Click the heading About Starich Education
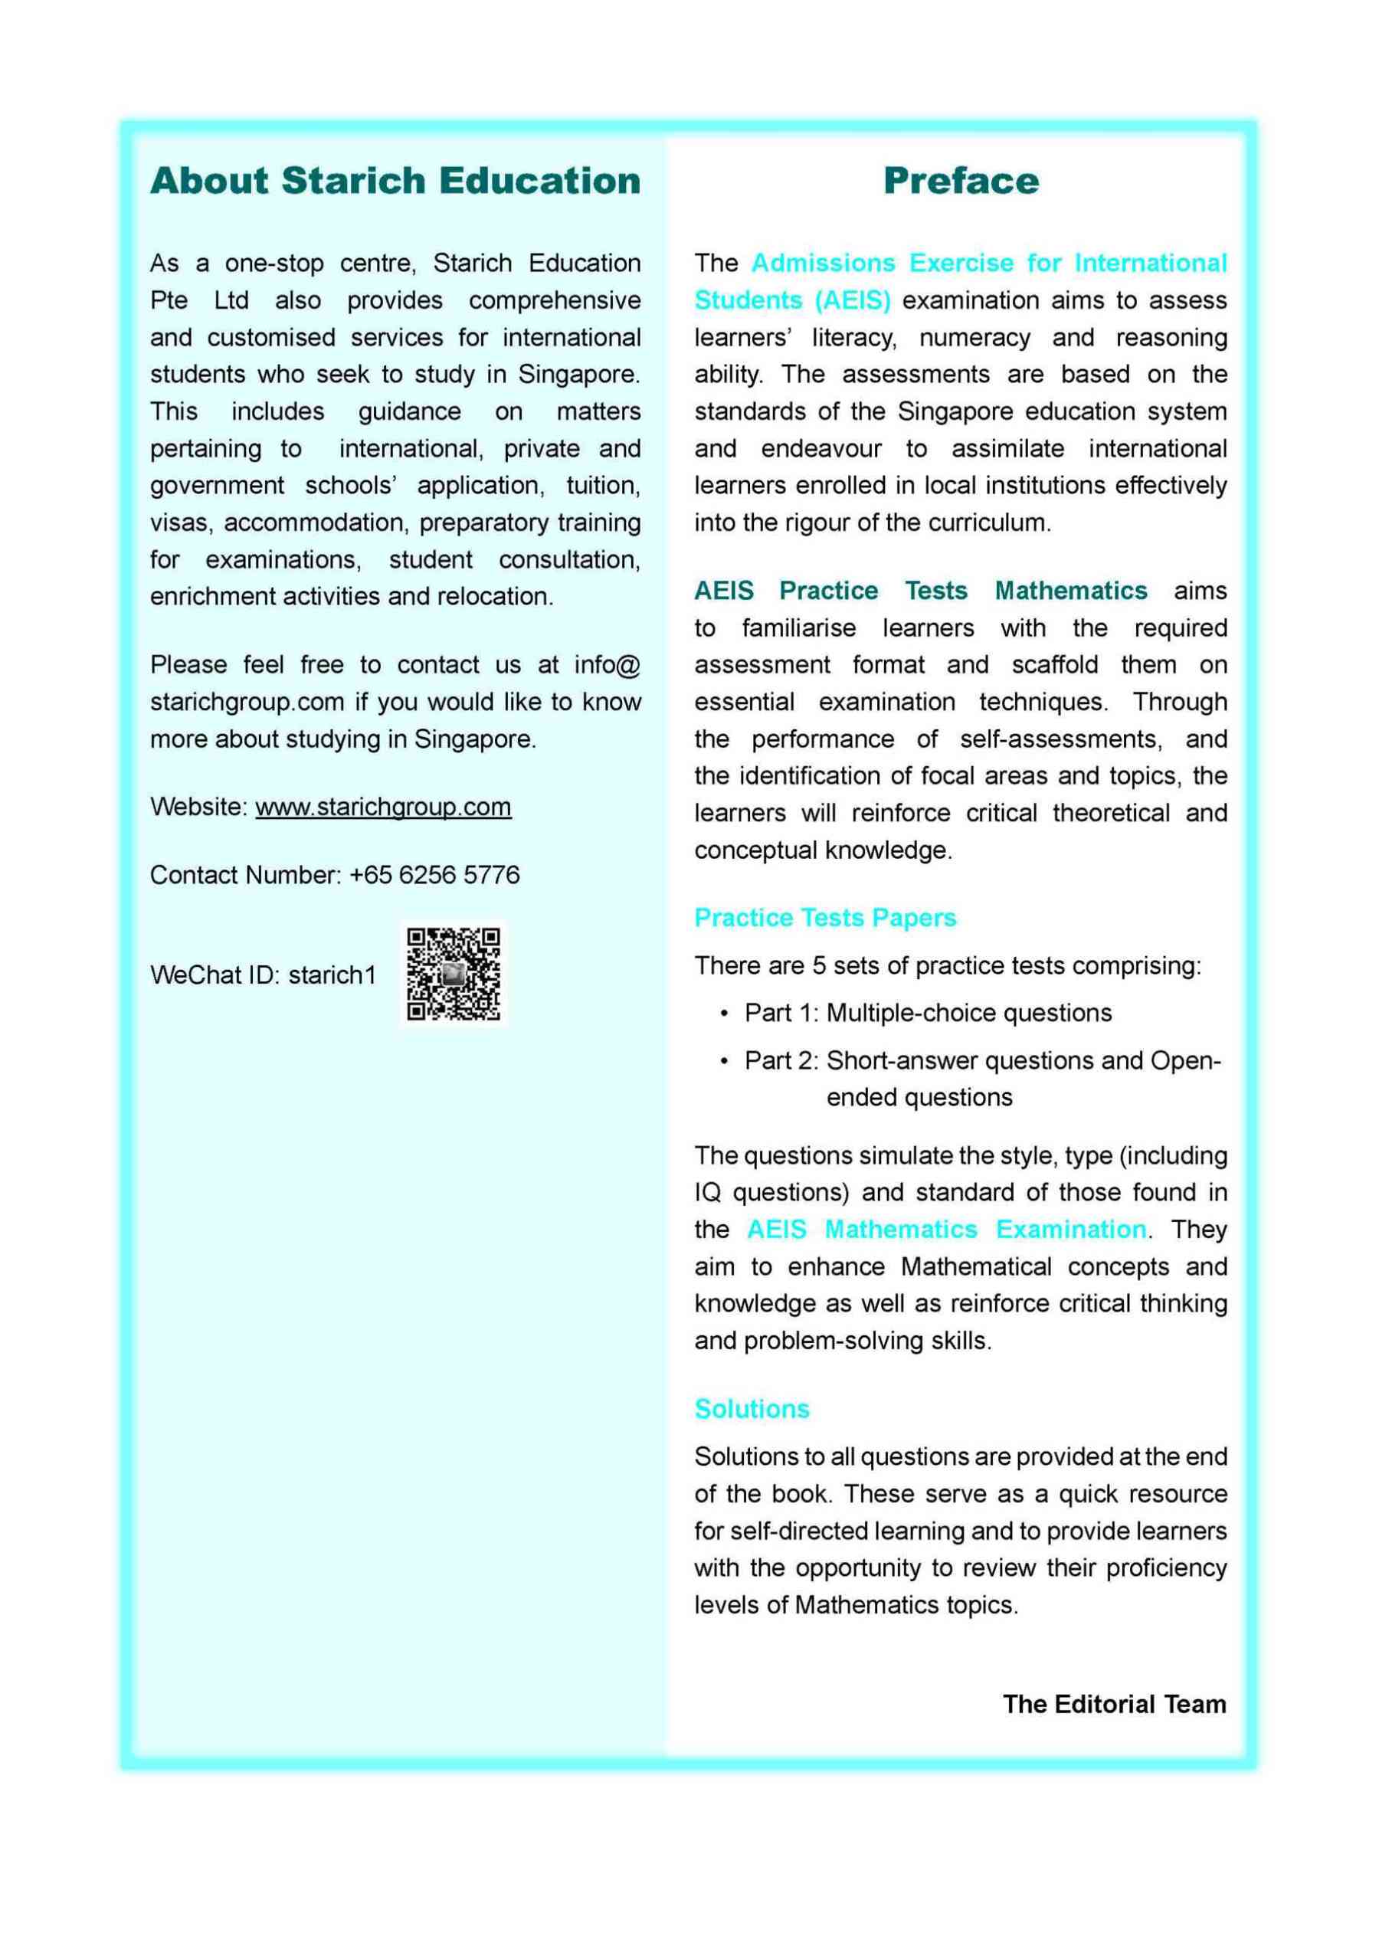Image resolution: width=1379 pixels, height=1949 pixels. point(395,181)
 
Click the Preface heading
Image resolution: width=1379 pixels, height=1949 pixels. point(961,181)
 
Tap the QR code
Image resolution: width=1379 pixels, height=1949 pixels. point(454,973)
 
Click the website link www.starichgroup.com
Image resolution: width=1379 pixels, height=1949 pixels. point(383,807)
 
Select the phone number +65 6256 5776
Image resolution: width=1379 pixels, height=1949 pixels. point(434,875)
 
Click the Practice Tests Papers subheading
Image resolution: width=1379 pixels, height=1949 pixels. point(824,918)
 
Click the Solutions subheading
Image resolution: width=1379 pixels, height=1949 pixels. point(752,1409)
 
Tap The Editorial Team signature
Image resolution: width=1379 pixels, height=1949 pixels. point(1114,1705)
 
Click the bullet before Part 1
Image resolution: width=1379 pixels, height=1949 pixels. point(723,1014)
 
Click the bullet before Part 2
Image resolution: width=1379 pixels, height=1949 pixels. point(723,1062)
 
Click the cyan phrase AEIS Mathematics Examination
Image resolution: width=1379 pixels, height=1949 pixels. point(946,1230)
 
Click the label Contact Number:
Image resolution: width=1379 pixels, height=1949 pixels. point(245,875)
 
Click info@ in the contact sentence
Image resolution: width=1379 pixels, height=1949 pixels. point(607,664)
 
